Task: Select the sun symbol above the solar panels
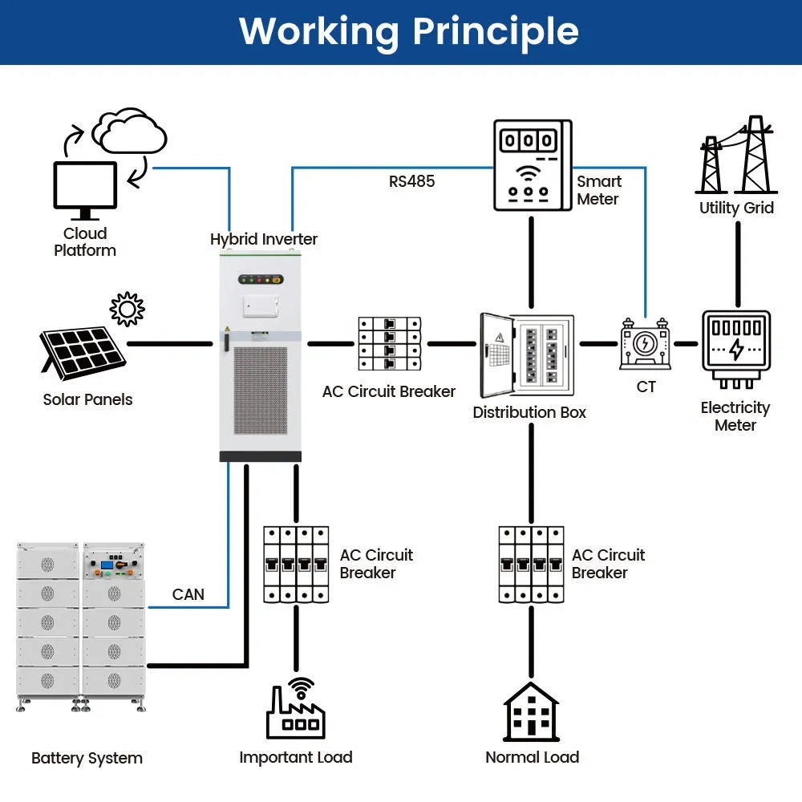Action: (127, 309)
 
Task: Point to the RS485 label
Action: (411, 181)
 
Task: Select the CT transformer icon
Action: (645, 344)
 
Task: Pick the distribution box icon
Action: (527, 354)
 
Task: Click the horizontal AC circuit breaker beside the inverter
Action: (389, 344)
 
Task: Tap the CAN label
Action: (188, 594)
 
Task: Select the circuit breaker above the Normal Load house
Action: (529, 564)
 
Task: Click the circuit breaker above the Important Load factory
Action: (296, 564)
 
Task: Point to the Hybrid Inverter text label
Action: (264, 239)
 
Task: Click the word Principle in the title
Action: (495, 31)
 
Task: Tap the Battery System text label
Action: (87, 758)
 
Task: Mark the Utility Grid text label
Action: (736, 208)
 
